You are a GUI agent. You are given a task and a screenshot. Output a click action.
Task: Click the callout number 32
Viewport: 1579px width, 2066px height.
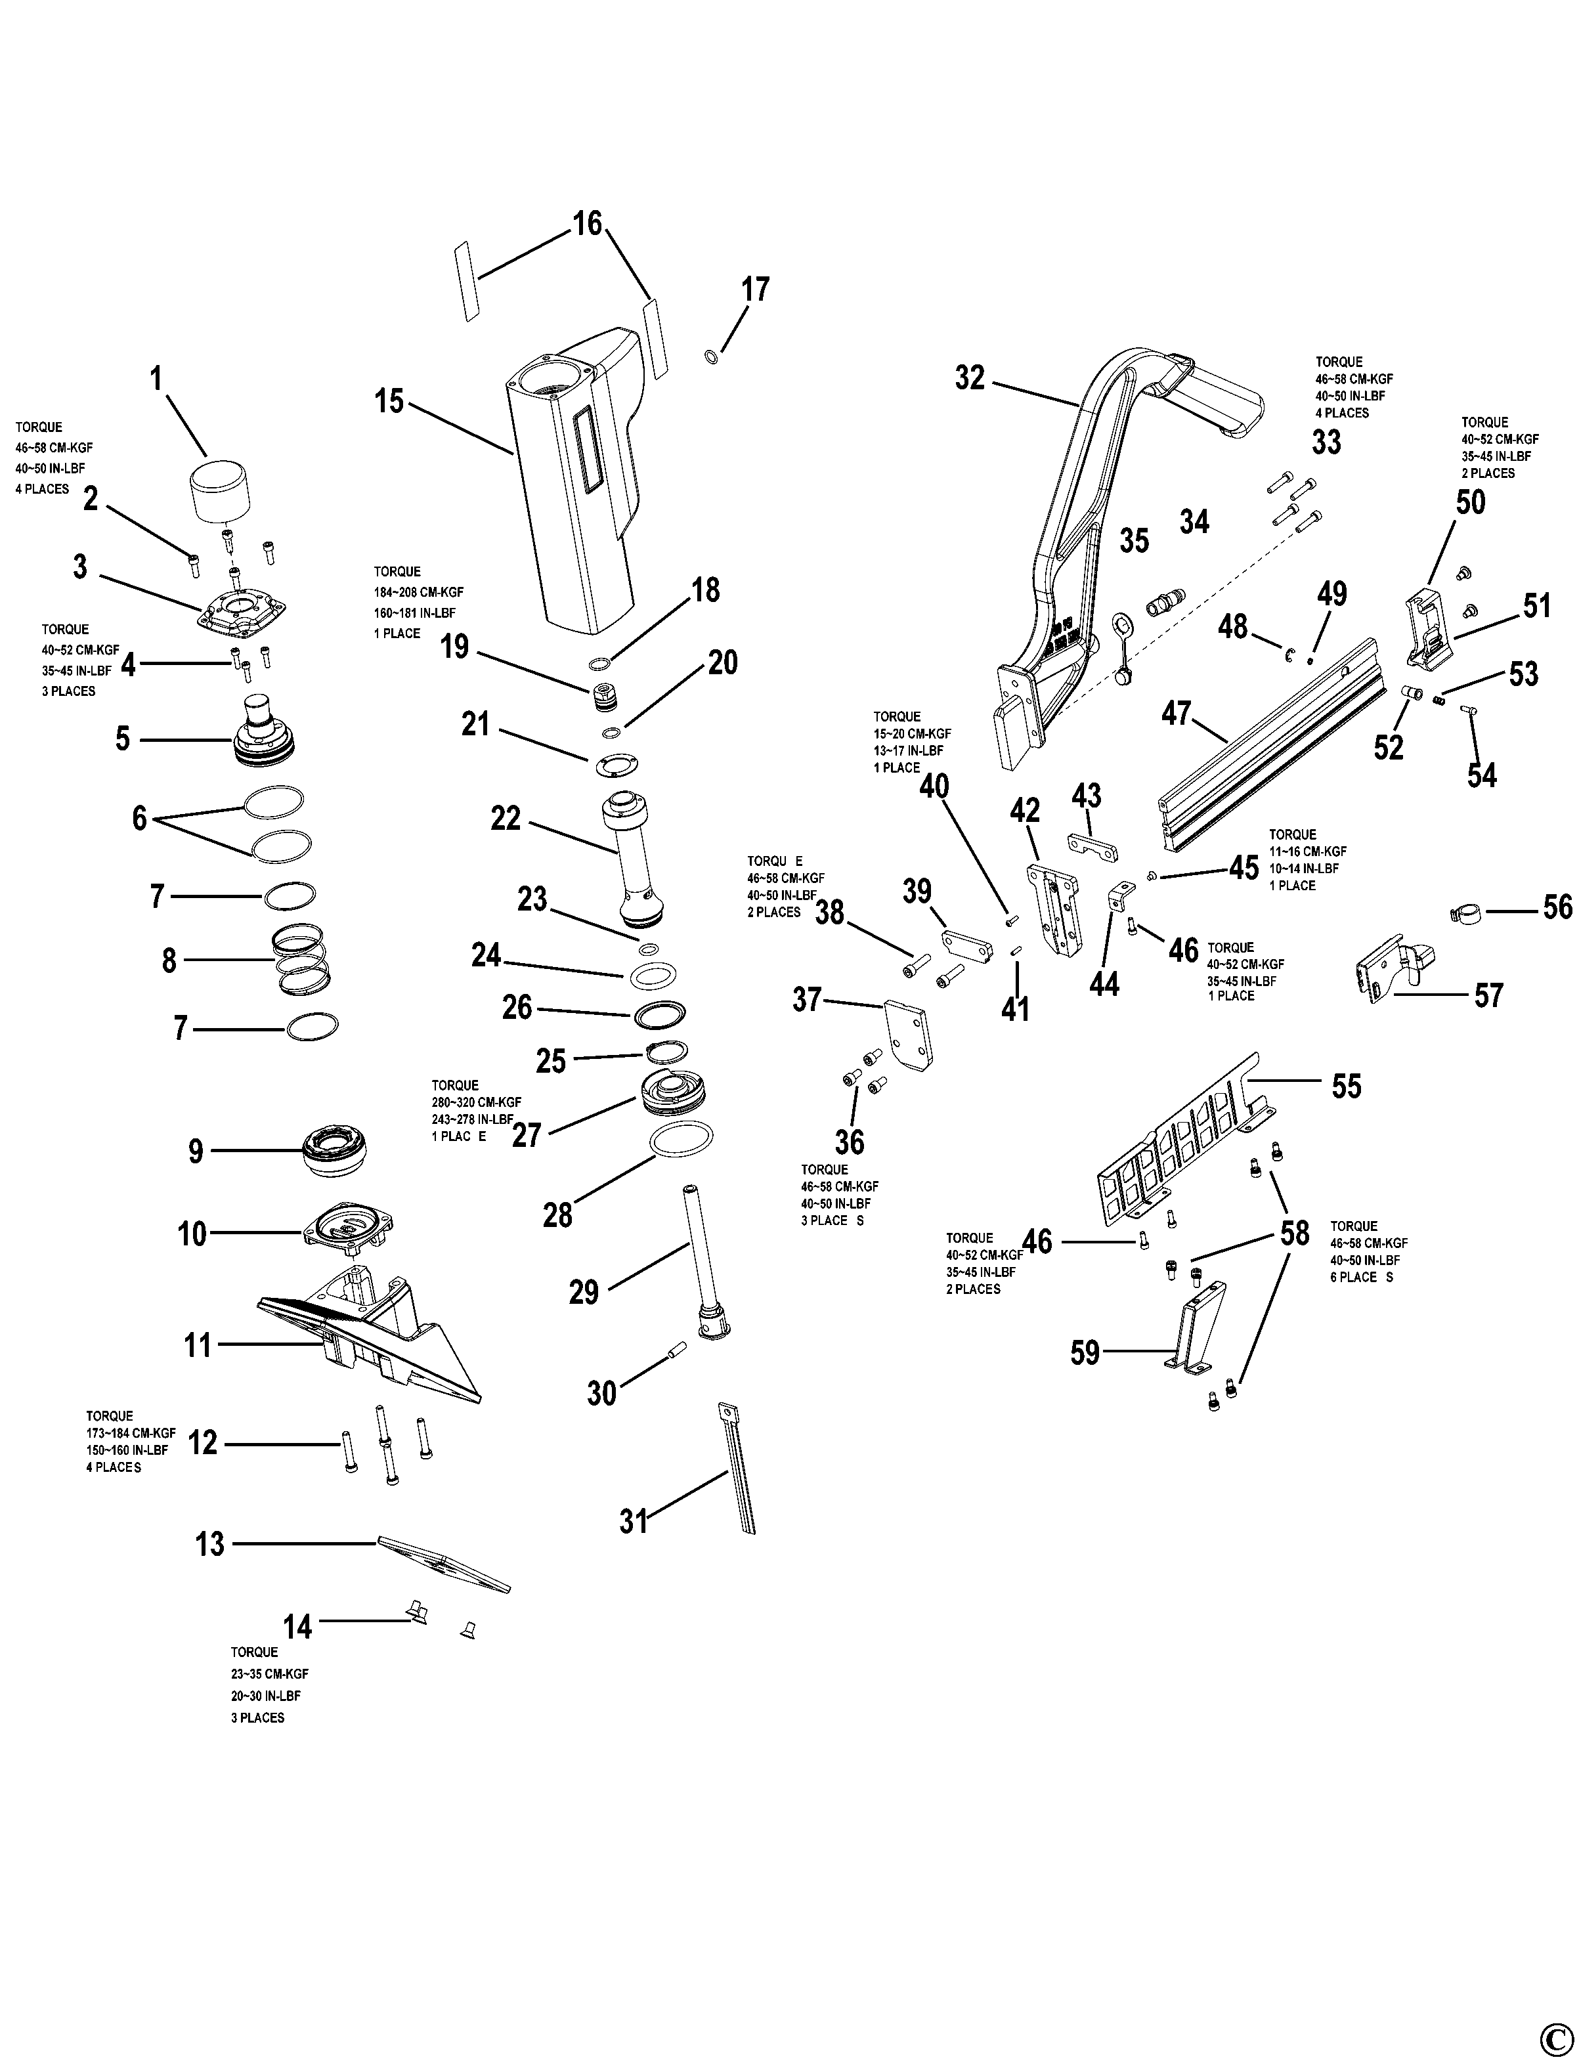[969, 378]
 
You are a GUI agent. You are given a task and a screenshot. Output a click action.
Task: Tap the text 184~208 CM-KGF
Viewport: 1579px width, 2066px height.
[418, 592]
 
